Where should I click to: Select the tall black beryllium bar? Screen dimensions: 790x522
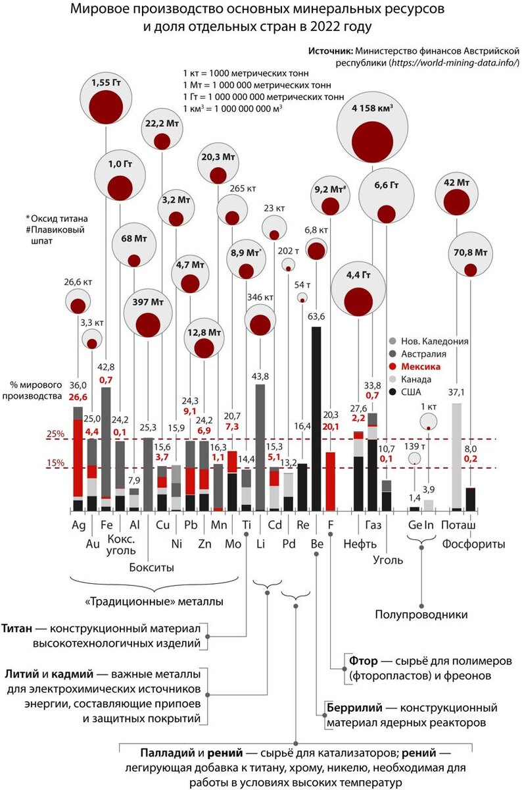[316, 418]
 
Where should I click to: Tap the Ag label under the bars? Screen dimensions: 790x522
[78, 526]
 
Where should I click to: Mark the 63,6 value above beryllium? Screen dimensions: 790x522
[316, 316]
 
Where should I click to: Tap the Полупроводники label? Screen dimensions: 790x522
[421, 614]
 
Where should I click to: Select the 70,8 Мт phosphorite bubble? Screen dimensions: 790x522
[470, 263]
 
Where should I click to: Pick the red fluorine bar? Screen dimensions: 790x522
[331, 481]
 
